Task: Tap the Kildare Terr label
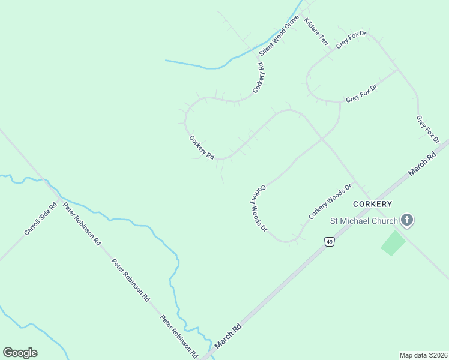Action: pos(316,32)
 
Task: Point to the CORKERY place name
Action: pos(372,204)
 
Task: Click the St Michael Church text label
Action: pos(364,221)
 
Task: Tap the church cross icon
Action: pos(407,220)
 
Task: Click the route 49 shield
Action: pos(329,241)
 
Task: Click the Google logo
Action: pos(20,353)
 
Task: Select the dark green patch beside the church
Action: pos(393,242)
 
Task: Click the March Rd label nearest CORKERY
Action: pos(422,164)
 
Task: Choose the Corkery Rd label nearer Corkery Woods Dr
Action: pos(202,148)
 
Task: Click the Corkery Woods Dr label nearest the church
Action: pos(330,201)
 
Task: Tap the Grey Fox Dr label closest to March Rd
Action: pos(428,129)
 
